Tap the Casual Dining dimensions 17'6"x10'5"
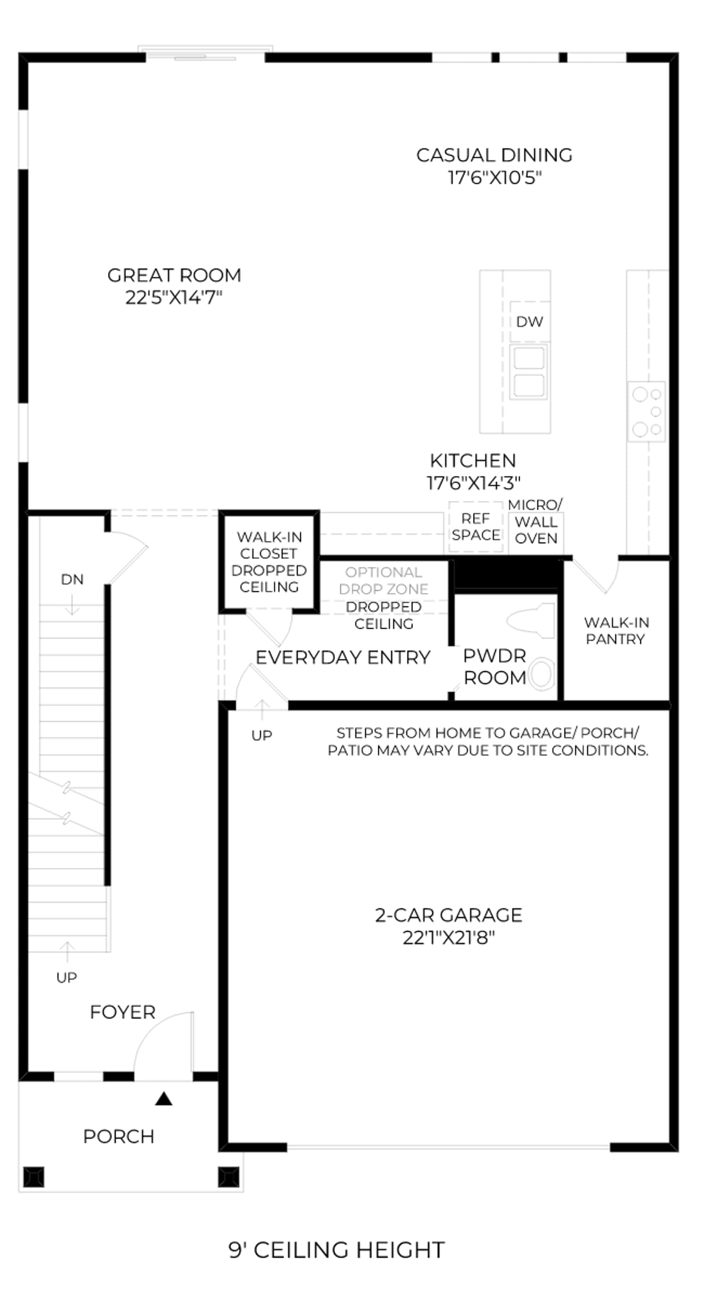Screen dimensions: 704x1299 (495, 177)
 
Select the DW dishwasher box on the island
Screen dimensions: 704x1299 (530, 322)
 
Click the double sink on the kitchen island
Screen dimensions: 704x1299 (529, 372)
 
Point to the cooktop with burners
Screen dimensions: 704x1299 (647, 411)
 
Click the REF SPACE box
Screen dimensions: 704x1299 (476, 527)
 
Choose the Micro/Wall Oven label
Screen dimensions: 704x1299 (535, 522)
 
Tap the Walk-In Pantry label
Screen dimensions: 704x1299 (616, 630)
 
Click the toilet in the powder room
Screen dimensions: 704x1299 (531, 621)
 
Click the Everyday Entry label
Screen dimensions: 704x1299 (343, 658)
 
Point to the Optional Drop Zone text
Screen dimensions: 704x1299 (383, 581)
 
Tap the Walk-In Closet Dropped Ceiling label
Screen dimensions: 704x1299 (269, 562)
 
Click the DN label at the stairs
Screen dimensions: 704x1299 (72, 580)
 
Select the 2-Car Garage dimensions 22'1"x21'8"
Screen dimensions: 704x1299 (449, 938)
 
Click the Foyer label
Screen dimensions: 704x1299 (122, 1012)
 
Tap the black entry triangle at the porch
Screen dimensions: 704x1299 (164, 1099)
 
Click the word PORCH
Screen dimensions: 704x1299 (119, 1136)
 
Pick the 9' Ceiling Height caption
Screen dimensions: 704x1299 (337, 1250)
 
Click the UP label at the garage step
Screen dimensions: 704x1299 (262, 736)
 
